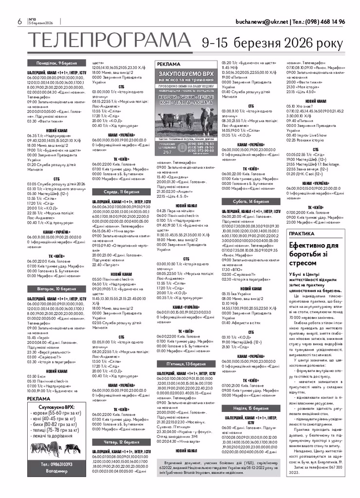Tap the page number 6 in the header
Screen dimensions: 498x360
click(19, 22)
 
